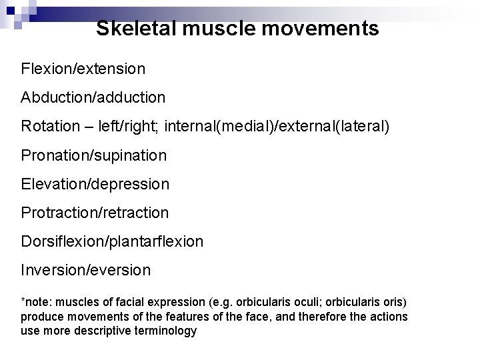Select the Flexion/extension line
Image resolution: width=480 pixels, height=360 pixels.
(83, 68)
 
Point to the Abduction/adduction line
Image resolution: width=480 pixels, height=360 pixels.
(93, 97)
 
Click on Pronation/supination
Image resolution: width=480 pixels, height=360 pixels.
(94, 155)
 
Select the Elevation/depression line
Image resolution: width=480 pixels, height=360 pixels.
(95, 183)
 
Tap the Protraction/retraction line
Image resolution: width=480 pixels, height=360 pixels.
(95, 212)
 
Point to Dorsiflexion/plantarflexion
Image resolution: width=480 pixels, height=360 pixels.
(112, 241)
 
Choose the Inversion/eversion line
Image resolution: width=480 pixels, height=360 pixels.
(86, 270)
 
